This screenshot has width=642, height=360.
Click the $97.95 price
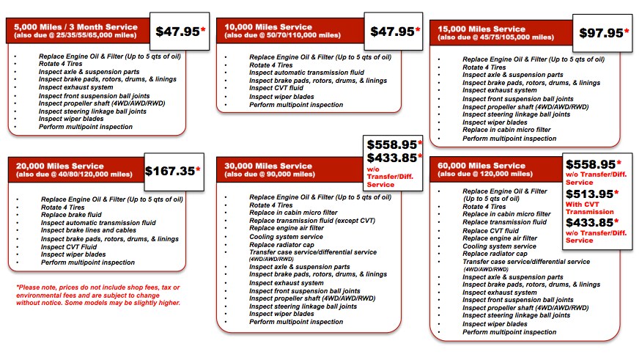coord(601,33)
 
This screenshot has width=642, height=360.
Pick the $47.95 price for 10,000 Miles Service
coord(392,32)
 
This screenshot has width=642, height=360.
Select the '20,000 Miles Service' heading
coord(60,166)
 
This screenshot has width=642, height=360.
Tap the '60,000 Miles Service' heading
coord(479,166)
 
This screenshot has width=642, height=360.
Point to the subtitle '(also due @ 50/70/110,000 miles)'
coord(282,34)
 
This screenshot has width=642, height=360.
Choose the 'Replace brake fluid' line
coord(73,213)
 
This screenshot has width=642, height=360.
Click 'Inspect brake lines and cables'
coord(88,229)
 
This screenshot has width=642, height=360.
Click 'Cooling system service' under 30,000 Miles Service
coord(286,237)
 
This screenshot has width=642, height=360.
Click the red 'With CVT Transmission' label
coord(589,207)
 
